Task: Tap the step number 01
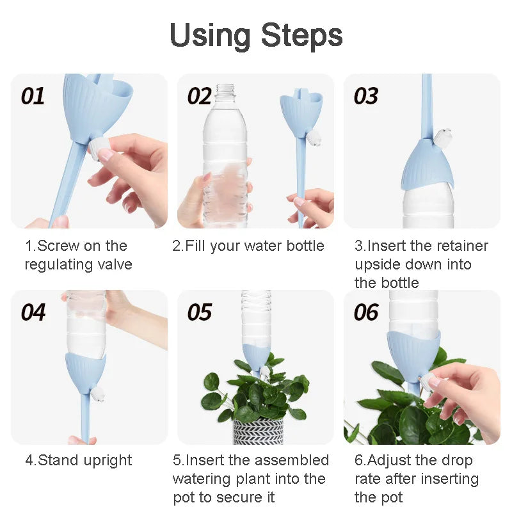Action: [x=33, y=96]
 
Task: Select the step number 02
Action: [x=200, y=96]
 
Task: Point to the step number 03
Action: [x=366, y=96]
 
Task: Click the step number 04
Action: [x=33, y=312]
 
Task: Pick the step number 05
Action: [x=200, y=312]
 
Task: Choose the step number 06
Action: [x=366, y=312]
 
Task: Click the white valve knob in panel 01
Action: [x=102, y=148]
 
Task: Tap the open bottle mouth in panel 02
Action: [x=225, y=88]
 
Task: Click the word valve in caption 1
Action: [x=114, y=264]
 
